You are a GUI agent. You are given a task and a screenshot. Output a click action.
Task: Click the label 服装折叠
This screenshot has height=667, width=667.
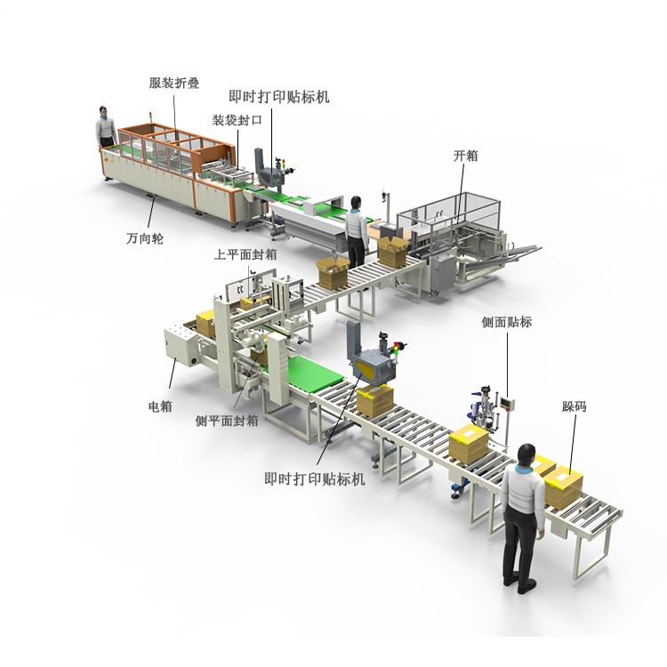[174, 83]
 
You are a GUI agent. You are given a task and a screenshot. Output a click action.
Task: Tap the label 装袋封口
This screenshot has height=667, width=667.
[237, 120]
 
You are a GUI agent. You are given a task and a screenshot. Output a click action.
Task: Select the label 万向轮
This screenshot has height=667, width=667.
[145, 238]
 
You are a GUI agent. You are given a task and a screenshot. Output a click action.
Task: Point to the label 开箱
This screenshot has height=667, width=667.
[465, 156]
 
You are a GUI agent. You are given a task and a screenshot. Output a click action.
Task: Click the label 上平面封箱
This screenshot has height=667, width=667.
[245, 254]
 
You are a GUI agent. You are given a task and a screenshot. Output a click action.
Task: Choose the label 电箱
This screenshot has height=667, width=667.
[160, 406]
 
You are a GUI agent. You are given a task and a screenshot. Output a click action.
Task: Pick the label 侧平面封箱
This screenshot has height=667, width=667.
[227, 421]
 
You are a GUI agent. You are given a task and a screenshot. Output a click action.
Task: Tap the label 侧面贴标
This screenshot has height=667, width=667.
[507, 322]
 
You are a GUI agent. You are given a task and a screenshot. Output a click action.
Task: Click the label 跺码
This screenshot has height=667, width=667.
[575, 406]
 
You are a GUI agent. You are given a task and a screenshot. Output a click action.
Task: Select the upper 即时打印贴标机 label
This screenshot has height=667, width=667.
[279, 97]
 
